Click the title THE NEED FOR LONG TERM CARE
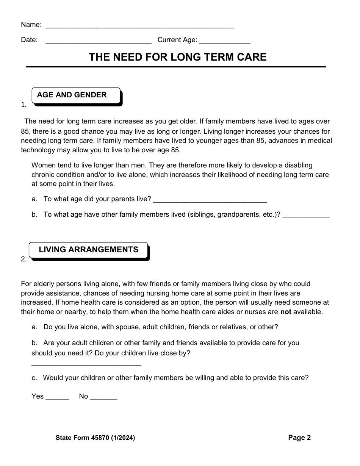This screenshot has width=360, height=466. (178, 57)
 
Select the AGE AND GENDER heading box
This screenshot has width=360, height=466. (76, 95)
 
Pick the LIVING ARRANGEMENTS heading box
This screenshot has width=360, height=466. (88, 250)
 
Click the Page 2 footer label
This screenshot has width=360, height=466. (299, 438)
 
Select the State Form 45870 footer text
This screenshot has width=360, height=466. (95, 438)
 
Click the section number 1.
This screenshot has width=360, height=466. (23, 105)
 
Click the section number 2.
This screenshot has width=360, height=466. (23, 260)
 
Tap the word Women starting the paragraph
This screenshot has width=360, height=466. (43, 165)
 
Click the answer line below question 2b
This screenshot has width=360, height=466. (86, 365)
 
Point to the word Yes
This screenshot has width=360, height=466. (38, 396)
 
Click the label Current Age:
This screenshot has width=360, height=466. (177, 40)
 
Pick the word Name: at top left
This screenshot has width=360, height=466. (31, 25)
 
